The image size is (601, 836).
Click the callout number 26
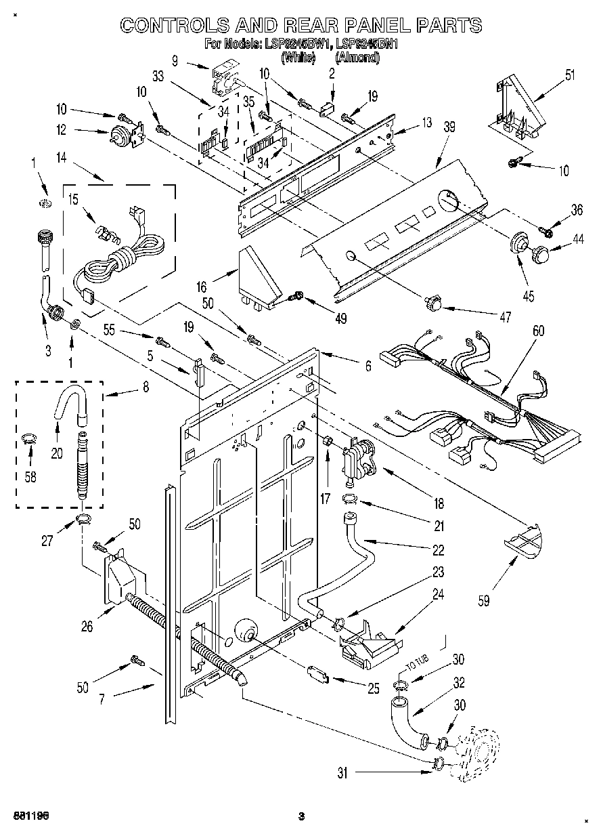(x=87, y=626)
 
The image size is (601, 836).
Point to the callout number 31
(x=342, y=773)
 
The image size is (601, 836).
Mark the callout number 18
(x=439, y=503)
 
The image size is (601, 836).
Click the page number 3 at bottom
(x=302, y=816)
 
